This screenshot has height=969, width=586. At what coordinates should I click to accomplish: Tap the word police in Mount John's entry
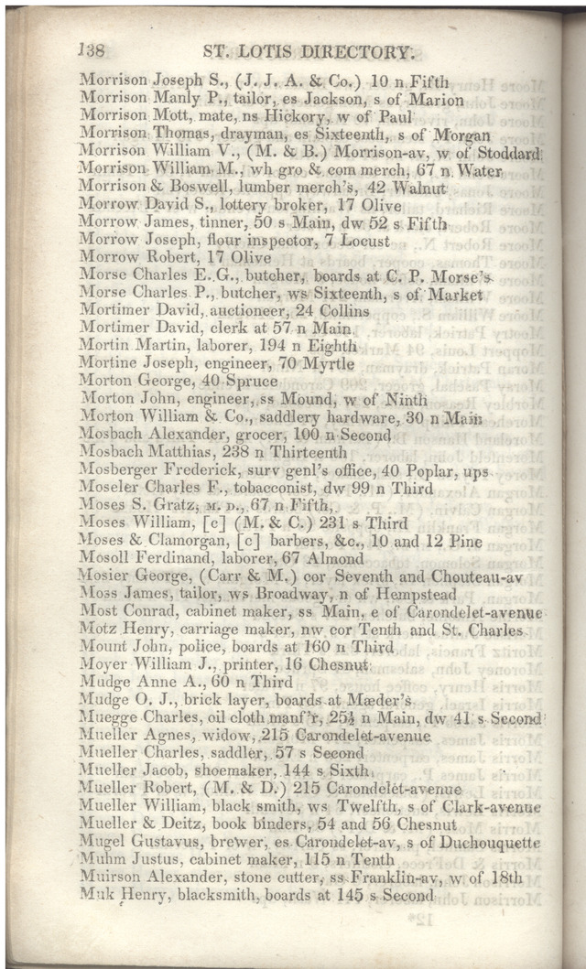(209, 648)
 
